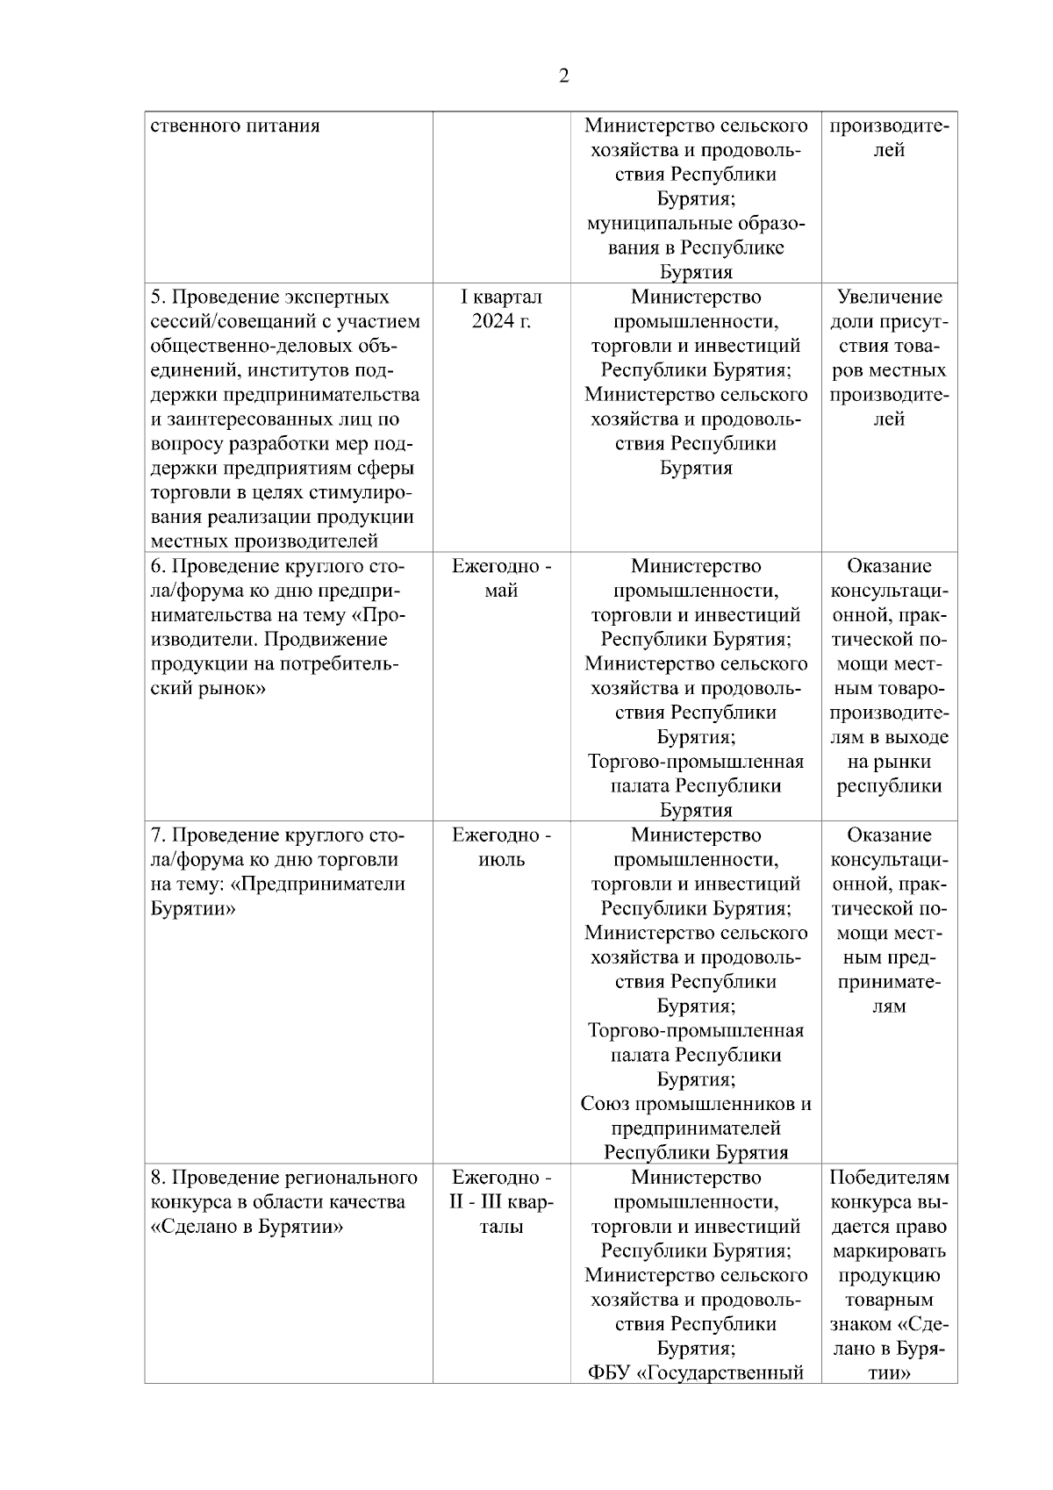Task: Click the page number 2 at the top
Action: click(563, 76)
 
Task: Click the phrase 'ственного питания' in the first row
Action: click(235, 125)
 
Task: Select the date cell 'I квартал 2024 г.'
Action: click(501, 309)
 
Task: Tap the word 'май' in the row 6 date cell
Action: click(501, 591)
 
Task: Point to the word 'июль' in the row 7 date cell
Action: click(501, 860)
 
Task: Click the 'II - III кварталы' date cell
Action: click(501, 1201)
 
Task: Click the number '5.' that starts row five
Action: click(158, 297)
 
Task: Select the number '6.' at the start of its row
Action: click(158, 566)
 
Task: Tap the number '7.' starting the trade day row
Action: click(158, 835)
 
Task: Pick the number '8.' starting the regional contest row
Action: click(158, 1178)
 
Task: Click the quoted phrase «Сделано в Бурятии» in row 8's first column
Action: click(247, 1226)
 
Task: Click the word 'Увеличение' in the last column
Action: click(889, 297)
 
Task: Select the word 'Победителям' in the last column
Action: click(889, 1178)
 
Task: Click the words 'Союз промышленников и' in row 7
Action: click(696, 1104)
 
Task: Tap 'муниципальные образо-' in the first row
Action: click(696, 223)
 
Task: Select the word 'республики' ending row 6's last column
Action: click(889, 786)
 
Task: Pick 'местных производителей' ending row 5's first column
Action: click(264, 541)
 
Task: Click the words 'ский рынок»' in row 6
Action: click(208, 688)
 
